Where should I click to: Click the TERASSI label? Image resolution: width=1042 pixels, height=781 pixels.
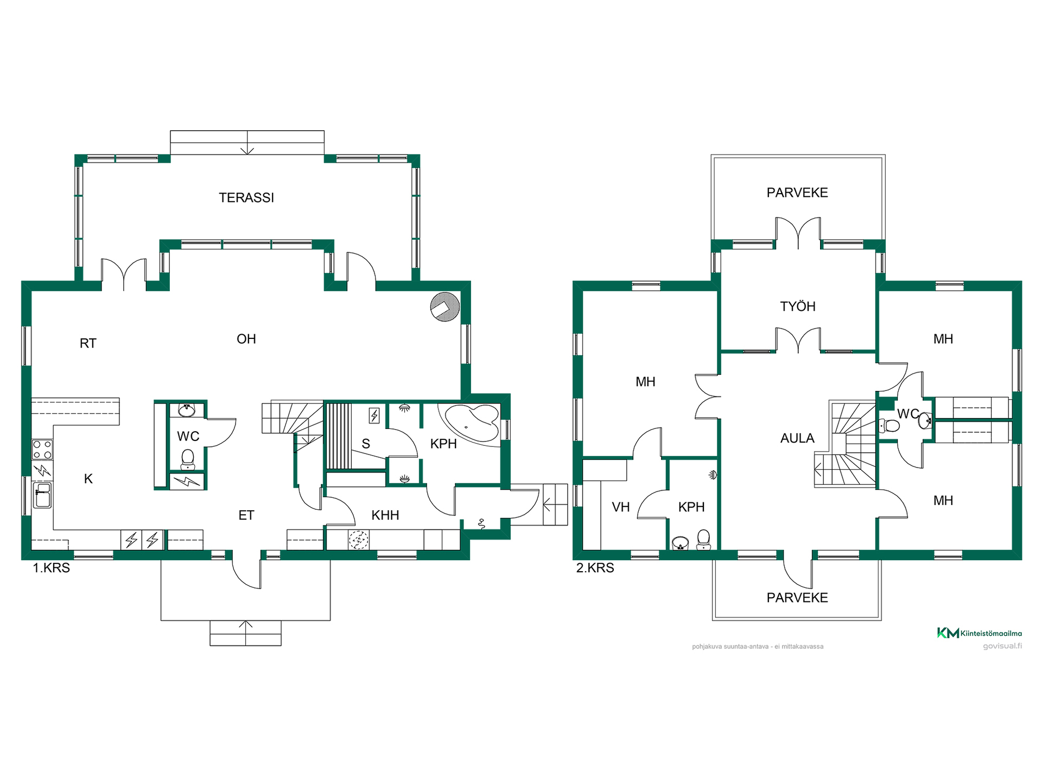[246, 198]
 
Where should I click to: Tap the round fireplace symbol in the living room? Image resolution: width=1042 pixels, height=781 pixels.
[445, 307]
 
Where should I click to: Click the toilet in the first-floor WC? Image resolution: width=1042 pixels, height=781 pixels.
[187, 459]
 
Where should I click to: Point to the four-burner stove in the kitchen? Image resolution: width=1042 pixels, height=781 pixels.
[42, 450]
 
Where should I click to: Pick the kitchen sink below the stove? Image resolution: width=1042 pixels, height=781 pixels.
[42, 495]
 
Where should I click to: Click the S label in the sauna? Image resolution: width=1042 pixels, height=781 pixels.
[366, 444]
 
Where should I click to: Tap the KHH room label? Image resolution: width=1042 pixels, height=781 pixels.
[385, 515]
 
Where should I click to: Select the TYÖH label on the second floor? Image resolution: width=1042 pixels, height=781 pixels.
[798, 306]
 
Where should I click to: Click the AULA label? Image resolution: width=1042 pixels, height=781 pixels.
[797, 438]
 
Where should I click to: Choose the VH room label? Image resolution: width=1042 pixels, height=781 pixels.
[621, 507]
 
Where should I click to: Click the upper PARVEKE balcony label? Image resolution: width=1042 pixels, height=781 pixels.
[797, 193]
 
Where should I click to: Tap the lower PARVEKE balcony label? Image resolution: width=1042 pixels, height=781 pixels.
[797, 598]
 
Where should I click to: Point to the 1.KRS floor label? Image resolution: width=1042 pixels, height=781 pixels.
[52, 568]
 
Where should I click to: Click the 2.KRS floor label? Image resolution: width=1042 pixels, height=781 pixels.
[595, 568]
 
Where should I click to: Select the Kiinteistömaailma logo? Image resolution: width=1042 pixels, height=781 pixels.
[980, 633]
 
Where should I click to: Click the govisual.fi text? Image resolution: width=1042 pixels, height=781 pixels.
[1002, 646]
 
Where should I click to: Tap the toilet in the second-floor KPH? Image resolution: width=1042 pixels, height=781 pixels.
[703, 539]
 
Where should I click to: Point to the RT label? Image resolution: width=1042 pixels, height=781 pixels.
[88, 343]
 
